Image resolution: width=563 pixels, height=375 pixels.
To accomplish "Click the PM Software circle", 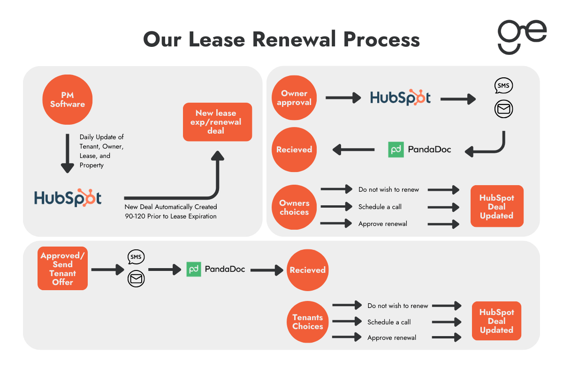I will pyautogui.click(x=68, y=99).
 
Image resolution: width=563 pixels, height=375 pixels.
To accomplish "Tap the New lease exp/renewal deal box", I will pyautogui.click(x=217, y=122).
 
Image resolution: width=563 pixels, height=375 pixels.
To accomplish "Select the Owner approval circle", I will pyautogui.click(x=294, y=98).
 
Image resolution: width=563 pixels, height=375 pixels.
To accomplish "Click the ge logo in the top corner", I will pyautogui.click(x=522, y=37).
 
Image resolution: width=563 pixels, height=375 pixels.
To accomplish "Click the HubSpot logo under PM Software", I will pyautogui.click(x=68, y=198).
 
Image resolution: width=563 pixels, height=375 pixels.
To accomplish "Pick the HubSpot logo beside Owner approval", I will pyautogui.click(x=400, y=97).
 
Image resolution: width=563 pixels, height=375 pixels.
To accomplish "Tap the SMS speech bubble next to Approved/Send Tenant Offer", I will pyautogui.click(x=136, y=257).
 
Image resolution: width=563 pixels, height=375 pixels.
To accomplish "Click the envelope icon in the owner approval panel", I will pyautogui.click(x=503, y=110).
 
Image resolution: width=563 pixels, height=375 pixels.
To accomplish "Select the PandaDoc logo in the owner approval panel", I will pyautogui.click(x=419, y=150).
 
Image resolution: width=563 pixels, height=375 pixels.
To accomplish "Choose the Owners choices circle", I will pyautogui.click(x=294, y=207).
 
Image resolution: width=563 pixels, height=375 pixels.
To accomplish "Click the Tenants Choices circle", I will pyautogui.click(x=308, y=322).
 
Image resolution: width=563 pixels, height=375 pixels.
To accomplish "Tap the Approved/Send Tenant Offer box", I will pyautogui.click(x=63, y=269).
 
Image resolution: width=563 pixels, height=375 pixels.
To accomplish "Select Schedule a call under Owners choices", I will pyautogui.click(x=380, y=207).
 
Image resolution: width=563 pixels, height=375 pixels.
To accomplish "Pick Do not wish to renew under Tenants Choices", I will pyautogui.click(x=397, y=306).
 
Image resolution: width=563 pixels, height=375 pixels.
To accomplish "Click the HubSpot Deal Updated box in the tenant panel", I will pyautogui.click(x=496, y=321).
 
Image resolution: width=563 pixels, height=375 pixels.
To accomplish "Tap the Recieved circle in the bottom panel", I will pyautogui.click(x=307, y=270).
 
